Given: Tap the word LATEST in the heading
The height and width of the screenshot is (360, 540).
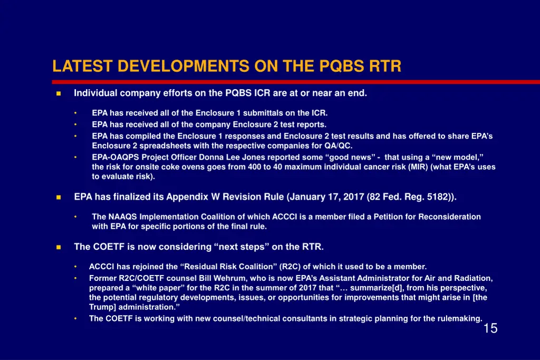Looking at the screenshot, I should [82, 66].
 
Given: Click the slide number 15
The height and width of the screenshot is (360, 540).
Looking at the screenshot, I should [490, 328].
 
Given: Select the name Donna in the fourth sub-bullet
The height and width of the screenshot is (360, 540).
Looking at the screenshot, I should [211, 157].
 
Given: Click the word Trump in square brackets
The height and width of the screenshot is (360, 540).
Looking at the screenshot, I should [102, 307].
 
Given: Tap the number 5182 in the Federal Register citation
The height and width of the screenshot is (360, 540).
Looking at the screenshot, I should [437, 197].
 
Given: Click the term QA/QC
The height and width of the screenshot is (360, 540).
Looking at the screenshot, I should [339, 146].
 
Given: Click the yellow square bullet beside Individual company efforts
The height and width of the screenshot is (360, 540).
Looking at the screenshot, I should [58, 93].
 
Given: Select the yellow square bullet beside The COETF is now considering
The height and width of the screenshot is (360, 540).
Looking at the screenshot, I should [58, 247].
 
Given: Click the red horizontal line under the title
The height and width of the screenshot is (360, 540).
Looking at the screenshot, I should [295, 82].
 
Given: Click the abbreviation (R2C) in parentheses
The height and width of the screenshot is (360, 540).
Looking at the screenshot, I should [291, 267].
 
